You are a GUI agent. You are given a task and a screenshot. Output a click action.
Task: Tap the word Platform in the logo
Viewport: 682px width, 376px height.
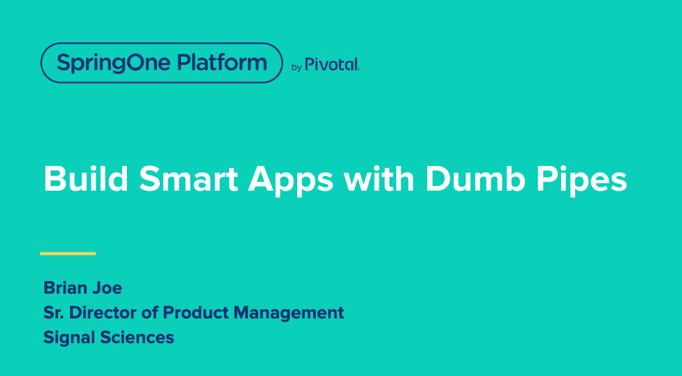[x=222, y=63]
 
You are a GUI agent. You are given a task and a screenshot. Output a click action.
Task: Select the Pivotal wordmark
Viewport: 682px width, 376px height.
[x=332, y=64]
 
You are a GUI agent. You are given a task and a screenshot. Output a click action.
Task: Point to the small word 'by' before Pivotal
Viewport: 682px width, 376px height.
[x=297, y=67]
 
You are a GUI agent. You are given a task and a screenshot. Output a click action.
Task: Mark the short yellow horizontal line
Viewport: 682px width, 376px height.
[x=68, y=254]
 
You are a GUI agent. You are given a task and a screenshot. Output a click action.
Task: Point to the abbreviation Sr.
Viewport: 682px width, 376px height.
[x=53, y=312]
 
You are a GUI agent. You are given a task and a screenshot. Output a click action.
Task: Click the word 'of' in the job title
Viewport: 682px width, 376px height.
[x=150, y=312]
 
